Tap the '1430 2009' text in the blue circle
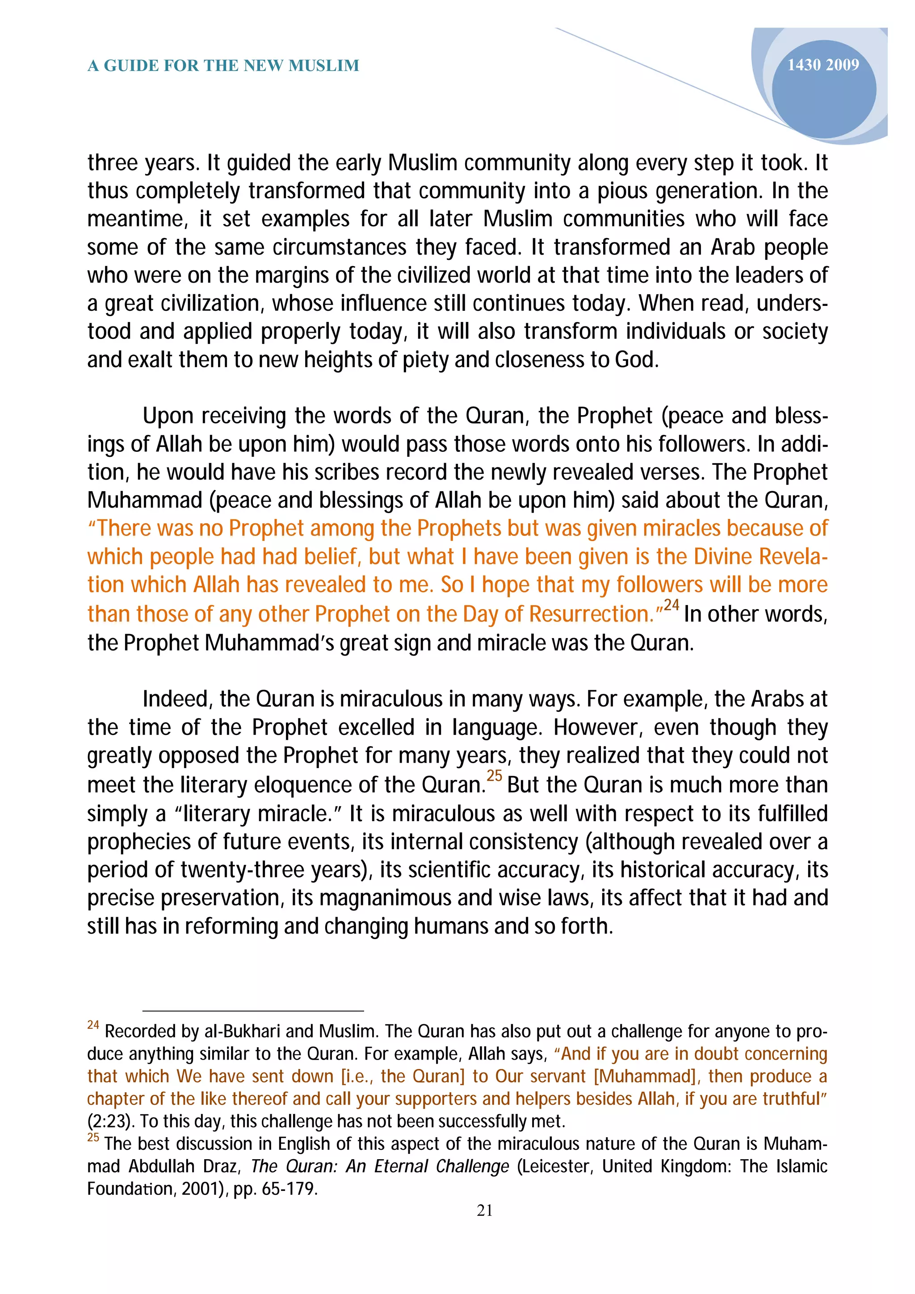coord(823,65)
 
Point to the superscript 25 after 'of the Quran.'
coord(494,776)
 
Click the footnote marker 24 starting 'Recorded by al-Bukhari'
coord(93,1025)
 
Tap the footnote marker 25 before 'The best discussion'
coord(93,1137)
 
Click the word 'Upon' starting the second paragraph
coord(168,416)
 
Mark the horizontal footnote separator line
coord(253,1011)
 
